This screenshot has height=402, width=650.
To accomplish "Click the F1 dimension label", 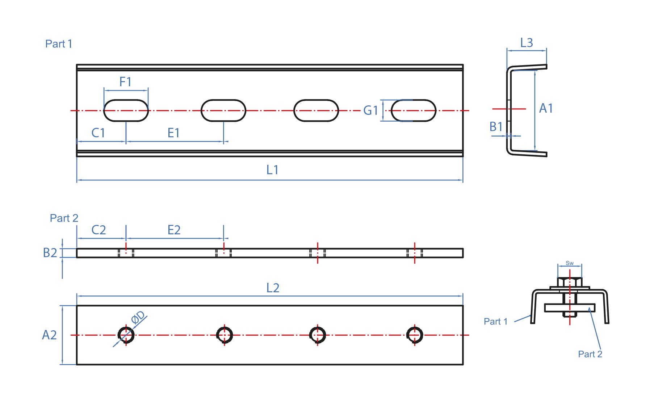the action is [x=125, y=82].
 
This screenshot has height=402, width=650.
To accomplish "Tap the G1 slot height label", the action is [x=370, y=110].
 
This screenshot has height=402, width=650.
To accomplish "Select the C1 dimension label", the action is [x=98, y=133].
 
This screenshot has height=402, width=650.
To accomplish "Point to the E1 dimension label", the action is [x=173, y=133].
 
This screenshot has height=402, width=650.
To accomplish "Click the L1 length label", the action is [x=272, y=169].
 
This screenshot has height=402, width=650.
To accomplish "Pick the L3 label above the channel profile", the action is [x=527, y=43].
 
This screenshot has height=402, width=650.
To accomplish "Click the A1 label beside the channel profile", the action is [x=546, y=108].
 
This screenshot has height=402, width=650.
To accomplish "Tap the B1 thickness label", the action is [x=496, y=127].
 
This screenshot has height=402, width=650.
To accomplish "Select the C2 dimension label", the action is [x=98, y=230].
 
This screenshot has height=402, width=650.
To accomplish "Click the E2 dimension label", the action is [x=174, y=230].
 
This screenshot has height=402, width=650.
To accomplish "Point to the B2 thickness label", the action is [x=50, y=253].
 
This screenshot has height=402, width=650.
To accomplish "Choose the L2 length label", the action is [x=273, y=288].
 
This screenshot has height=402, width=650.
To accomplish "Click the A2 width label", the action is [x=49, y=335].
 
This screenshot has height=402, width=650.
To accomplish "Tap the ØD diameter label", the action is [x=138, y=317].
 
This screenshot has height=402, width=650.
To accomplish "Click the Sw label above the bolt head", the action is [x=570, y=263].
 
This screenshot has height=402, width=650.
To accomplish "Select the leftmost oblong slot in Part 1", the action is [x=126, y=110].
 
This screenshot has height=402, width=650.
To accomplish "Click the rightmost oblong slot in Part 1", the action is [x=414, y=110].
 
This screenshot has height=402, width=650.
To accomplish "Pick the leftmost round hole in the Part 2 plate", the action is [x=126, y=335].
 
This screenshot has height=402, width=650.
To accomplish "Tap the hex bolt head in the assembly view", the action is [x=570, y=282].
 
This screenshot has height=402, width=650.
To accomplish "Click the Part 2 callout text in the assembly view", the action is [x=590, y=354].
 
